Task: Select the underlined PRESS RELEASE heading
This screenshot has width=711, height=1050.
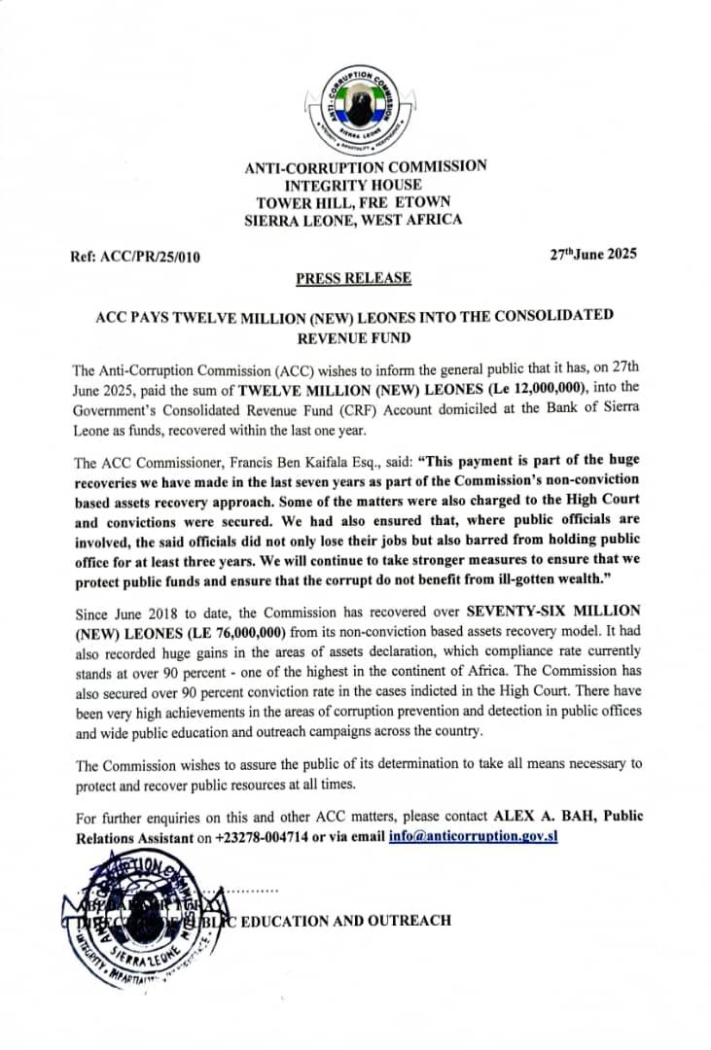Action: coord(353,279)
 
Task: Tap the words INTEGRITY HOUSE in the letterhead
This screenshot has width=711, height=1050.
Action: coord(352,185)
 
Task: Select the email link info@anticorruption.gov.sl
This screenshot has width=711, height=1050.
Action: coord(473,836)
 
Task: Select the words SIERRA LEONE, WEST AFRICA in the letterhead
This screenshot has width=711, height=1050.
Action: coord(352,220)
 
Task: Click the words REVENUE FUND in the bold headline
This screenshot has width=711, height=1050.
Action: coord(353,338)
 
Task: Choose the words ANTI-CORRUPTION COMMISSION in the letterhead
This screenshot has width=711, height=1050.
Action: coord(365,167)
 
